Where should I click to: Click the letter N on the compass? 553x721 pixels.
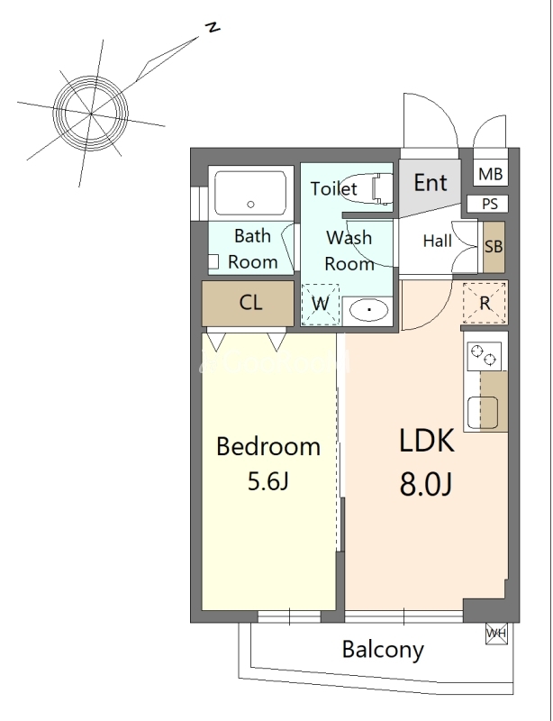(213, 27)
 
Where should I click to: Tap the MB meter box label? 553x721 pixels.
(491, 174)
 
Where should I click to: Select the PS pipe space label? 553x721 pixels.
(490, 204)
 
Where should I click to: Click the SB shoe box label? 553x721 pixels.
(494, 246)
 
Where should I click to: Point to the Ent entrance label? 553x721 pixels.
(431, 183)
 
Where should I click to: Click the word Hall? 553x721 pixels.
(437, 241)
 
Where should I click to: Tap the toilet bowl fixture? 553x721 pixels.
(368, 189)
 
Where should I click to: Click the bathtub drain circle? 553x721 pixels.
(250, 205)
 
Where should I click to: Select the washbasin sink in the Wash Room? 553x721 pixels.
(368, 310)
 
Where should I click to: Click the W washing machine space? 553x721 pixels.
(321, 305)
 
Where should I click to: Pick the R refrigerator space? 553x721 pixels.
(485, 303)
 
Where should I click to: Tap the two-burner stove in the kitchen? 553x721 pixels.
(485, 356)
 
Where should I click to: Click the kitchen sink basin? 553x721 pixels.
(482, 413)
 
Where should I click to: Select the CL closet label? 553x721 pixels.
(250, 303)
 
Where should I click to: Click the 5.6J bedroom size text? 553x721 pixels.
(268, 481)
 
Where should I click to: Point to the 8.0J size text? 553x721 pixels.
(426, 484)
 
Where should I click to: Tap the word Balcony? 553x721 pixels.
(383, 650)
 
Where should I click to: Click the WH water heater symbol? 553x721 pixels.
(496, 634)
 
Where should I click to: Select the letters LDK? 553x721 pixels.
(427, 441)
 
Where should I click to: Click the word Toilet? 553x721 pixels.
(334, 188)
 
